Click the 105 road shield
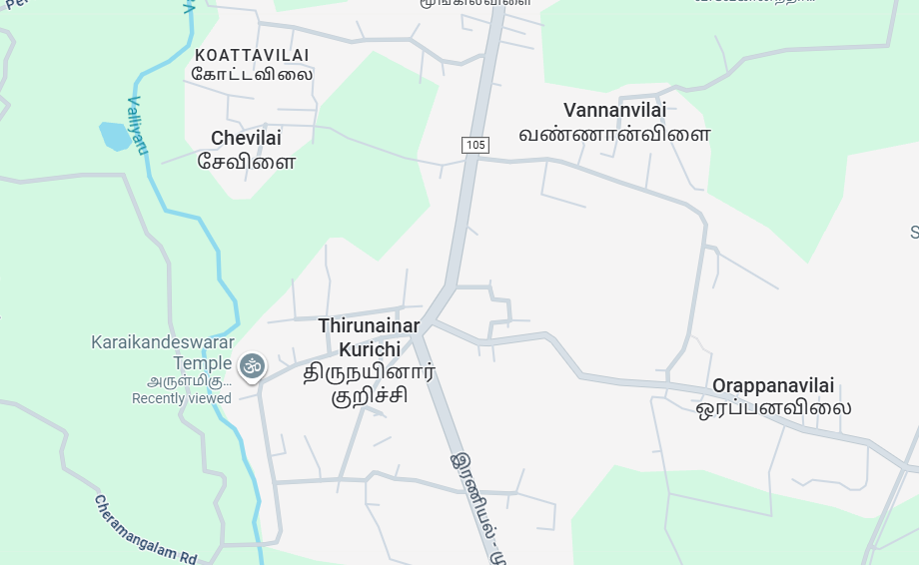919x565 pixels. coord(475,146)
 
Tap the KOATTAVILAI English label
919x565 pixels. coord(252,55)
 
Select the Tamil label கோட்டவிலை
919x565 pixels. coord(252,74)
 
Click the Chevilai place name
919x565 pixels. coord(246,138)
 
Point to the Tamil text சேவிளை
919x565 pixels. coord(246,160)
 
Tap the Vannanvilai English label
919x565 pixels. coord(614,110)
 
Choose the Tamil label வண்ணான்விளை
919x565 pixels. coord(614,133)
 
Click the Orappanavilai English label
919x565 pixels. coord(773,385)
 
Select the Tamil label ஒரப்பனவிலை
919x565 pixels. coord(773,407)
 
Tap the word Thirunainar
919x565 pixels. coord(369,325)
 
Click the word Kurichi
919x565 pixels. coord(369,349)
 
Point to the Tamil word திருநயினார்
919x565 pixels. coord(369,373)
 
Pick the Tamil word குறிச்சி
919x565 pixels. coord(369,396)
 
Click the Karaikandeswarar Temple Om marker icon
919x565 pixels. coord(253,366)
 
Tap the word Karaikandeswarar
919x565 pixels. coord(163,342)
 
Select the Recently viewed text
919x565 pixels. coord(182,398)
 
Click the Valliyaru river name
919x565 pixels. coord(138,124)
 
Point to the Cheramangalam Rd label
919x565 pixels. coord(147,529)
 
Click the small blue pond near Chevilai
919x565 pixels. coord(115,135)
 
